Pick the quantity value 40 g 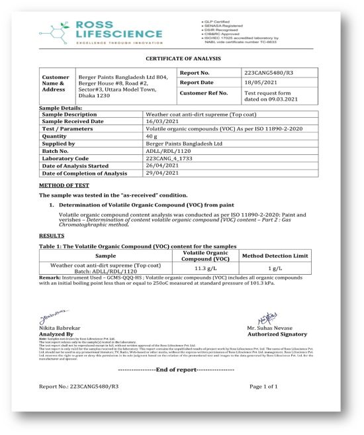point(152,136)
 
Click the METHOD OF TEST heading point(64,185)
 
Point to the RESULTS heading point(52,235)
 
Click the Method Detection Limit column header point(273,256)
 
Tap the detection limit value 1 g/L point(273,268)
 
